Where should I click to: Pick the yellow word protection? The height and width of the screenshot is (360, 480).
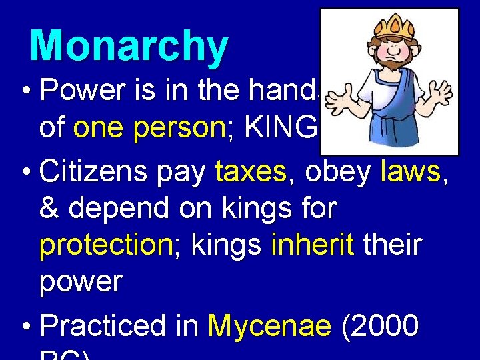[x=106, y=246]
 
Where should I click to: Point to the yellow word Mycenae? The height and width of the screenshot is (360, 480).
[x=269, y=326]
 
